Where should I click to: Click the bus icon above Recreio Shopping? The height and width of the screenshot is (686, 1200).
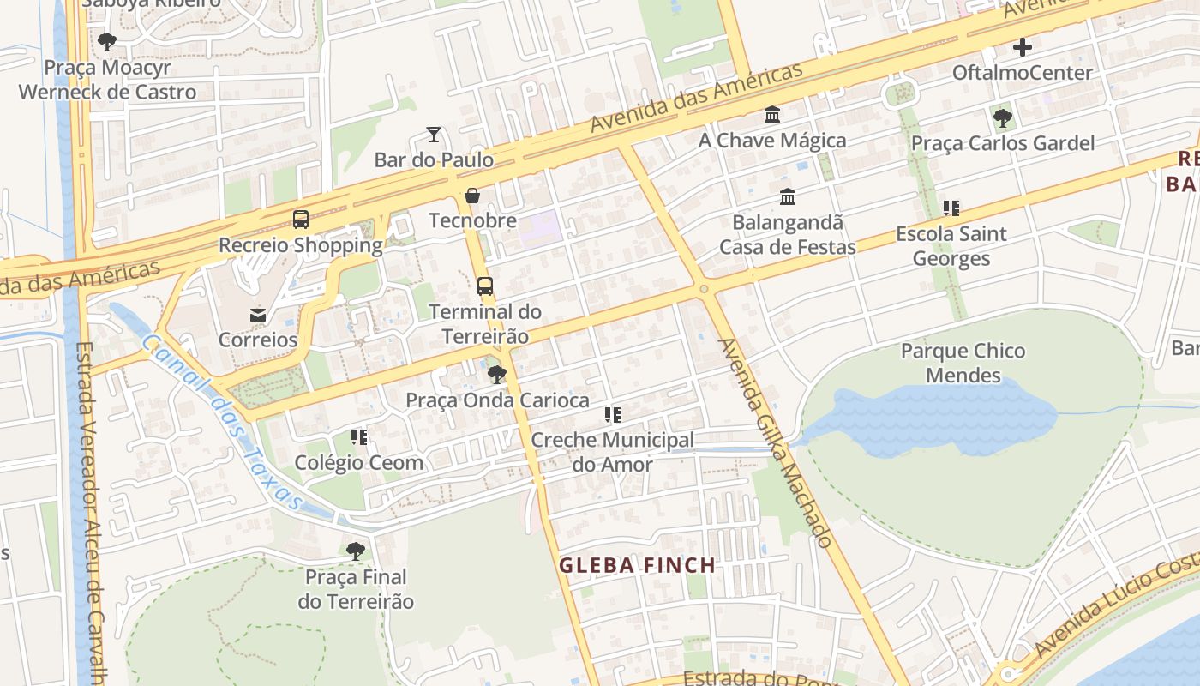pos(300,219)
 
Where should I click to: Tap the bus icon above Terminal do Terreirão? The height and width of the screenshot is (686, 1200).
pos(485,286)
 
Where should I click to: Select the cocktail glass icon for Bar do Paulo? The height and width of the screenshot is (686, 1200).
pos(434,134)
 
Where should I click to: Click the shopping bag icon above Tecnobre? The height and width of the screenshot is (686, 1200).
pos(471,196)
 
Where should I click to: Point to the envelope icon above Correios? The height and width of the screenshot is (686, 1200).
pos(258,315)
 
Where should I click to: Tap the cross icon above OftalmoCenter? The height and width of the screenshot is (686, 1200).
pos(1022,46)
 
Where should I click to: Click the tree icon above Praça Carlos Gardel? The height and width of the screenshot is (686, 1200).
pos(1002,117)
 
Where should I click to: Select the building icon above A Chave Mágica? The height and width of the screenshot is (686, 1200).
pos(772,114)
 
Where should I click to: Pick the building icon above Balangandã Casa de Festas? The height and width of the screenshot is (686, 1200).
pos(787,197)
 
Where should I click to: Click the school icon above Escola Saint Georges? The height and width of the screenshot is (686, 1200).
pos(951,208)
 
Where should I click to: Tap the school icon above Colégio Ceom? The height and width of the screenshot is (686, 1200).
pos(359,437)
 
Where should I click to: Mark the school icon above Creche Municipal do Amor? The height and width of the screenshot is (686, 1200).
pos(612,415)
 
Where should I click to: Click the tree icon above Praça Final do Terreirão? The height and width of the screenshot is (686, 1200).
pos(356,551)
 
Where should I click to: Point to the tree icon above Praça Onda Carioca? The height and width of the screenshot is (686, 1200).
pos(496,374)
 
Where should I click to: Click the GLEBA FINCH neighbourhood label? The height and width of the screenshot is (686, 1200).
pos(637,565)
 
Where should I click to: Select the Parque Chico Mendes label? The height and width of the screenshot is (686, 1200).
pos(963,363)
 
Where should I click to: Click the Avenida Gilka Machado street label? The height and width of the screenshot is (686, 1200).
pos(775,442)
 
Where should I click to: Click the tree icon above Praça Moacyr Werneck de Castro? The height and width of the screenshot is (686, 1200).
pos(107,41)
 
